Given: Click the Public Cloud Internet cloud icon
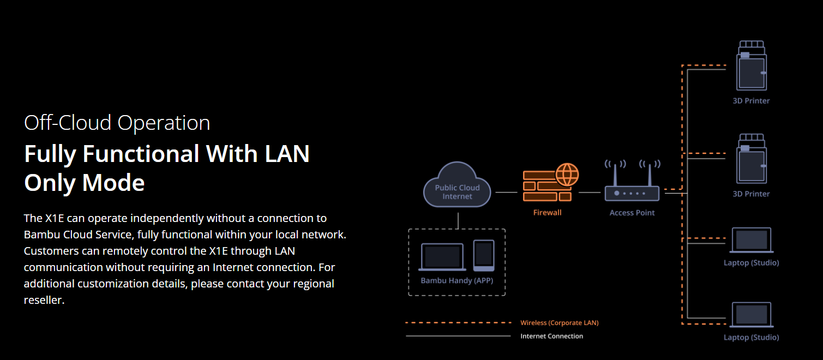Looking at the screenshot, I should tap(457, 186).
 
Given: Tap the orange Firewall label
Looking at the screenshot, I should tap(547, 213).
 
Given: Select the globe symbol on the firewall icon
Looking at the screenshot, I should tap(567, 175).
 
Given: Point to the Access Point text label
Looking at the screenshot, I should tap(632, 213).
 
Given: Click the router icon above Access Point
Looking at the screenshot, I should tap(632, 187).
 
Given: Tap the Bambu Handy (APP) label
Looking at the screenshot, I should tap(456, 281).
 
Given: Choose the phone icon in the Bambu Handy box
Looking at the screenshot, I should tap(483, 255).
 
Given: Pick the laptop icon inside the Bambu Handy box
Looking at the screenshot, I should tap(442, 257).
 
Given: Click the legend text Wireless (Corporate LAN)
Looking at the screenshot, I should tap(559, 323).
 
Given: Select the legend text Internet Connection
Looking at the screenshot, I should tap(551, 336).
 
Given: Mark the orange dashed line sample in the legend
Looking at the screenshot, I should tap(458, 323).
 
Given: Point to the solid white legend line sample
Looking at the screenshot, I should tap(458, 336).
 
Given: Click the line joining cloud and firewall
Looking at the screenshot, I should tap(506, 193).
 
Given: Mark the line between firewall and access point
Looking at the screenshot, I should tap(590, 193).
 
